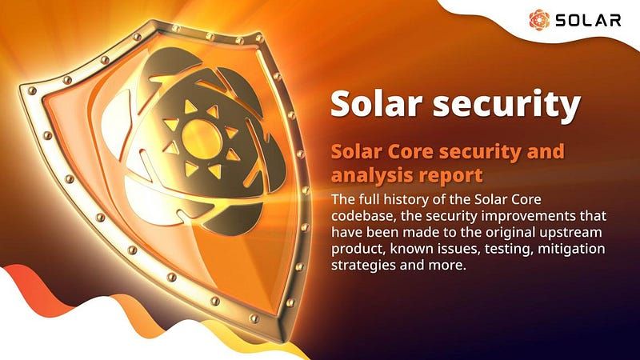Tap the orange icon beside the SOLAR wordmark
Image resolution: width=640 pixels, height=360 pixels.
541,20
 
